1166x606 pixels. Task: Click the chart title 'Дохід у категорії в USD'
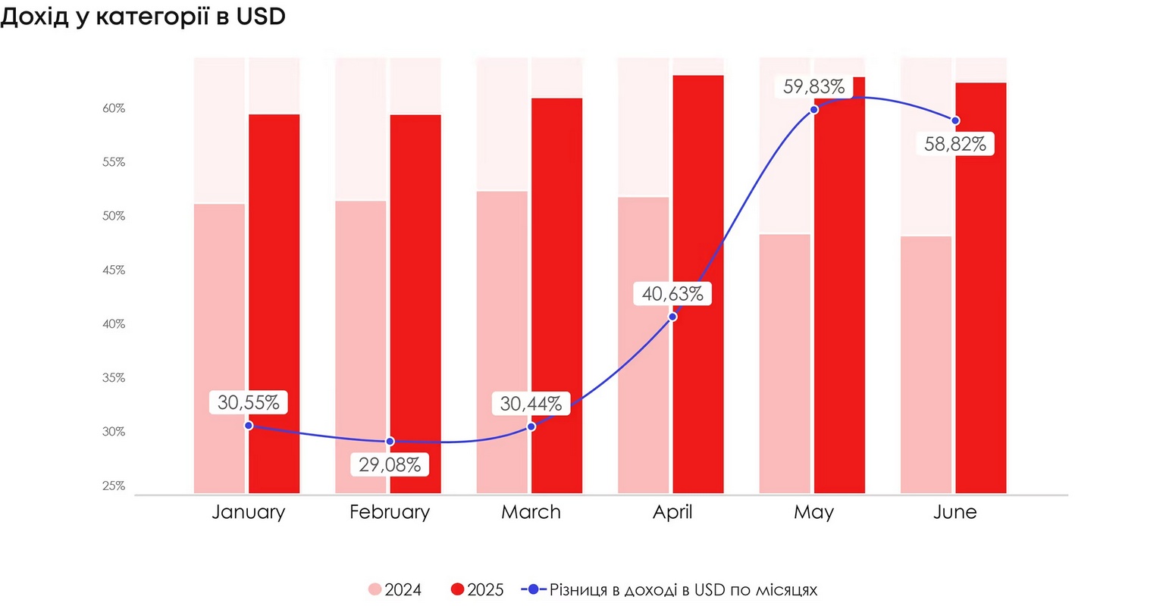point(143,17)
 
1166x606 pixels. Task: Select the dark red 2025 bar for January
point(274,303)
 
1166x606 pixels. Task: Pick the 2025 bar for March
point(556,295)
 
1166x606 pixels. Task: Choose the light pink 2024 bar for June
point(926,364)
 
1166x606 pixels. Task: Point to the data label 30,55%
point(249,402)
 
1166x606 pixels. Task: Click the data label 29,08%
point(390,464)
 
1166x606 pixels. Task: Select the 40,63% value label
point(672,293)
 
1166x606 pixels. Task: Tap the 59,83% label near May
point(813,86)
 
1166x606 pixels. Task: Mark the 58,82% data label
point(955,144)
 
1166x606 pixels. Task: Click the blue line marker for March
point(531,426)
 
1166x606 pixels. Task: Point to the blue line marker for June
point(955,120)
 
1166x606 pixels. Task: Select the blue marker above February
point(390,441)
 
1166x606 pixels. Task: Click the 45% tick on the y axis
point(114,270)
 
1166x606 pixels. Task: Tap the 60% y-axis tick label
point(114,108)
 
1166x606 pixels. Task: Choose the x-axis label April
point(672,512)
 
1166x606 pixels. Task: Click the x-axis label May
point(813,512)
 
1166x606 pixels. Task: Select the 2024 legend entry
point(395,589)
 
